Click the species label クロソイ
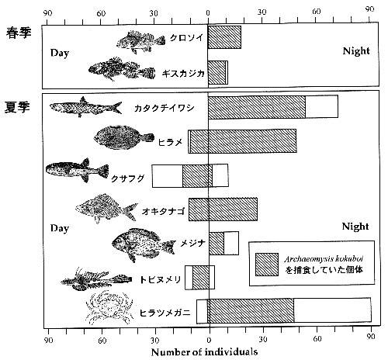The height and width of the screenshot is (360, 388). tap(186, 38)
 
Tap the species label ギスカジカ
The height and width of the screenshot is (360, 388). tap(183, 74)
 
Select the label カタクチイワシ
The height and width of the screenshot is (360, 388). tap(165, 108)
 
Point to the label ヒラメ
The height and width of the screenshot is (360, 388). tap(171, 142)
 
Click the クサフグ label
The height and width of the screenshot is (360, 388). tap(127, 178)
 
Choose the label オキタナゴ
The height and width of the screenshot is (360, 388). tap(163, 212)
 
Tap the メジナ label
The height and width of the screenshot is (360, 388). tap(192, 243)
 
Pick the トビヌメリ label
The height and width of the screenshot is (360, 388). tap(160, 279)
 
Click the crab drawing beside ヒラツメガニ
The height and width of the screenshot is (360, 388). tap(109, 308)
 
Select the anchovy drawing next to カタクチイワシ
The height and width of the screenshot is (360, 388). tap(85, 107)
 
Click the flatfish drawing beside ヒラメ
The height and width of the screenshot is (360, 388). tap(123, 137)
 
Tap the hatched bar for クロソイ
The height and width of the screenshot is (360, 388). tap(224, 37)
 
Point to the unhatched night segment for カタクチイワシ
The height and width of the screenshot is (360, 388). tap(321, 106)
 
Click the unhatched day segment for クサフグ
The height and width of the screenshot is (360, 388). tap(168, 176)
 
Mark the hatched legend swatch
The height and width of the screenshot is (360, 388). tap(267, 265)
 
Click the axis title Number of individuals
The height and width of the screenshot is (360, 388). tap(204, 352)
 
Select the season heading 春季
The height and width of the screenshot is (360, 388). tap(19, 33)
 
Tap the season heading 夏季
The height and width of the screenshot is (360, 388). tap(17, 107)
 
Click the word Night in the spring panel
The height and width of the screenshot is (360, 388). tap(356, 51)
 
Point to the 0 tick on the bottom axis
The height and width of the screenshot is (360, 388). tap(209, 339)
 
